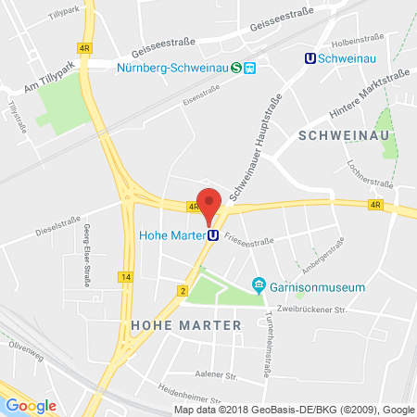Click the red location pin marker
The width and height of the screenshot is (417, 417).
(x=210, y=204)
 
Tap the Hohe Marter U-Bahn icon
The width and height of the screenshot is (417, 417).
(x=212, y=235)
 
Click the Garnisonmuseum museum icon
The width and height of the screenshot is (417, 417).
(x=260, y=286)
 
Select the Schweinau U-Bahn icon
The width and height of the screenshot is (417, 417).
(x=310, y=57)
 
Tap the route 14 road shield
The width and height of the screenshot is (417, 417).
(x=125, y=277)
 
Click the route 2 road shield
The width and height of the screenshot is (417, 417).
(x=183, y=291)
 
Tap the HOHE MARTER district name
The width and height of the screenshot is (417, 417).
(x=185, y=325)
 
